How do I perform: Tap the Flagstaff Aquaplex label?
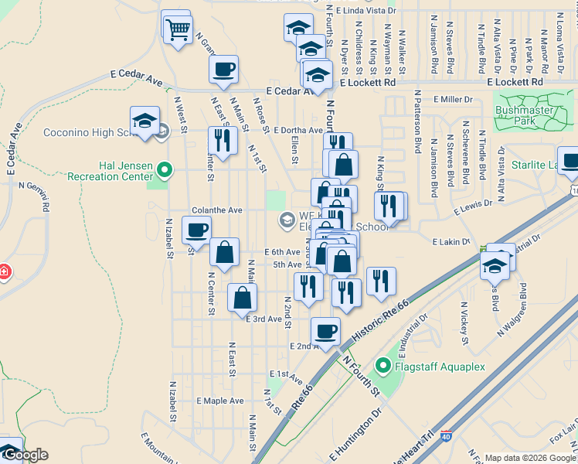440,366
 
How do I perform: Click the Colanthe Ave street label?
217,210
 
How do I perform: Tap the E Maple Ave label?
219,401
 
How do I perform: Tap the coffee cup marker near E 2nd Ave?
325,331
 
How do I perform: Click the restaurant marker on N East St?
222,140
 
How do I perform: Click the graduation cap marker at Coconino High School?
144,121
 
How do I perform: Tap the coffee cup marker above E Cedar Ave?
223,70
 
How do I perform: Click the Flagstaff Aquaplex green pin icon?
382,366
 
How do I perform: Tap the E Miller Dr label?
453,100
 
